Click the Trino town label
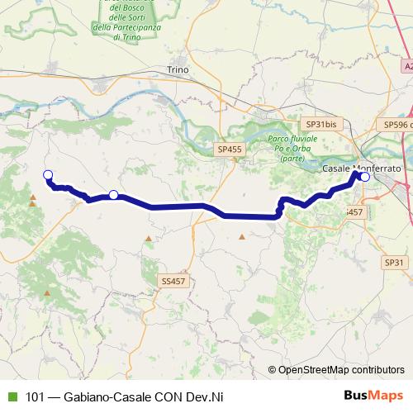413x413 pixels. point(178,70)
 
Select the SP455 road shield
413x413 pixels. point(230,149)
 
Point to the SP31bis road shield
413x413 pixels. point(321,123)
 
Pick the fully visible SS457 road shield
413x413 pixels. point(173,281)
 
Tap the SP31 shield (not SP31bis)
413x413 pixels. point(396,262)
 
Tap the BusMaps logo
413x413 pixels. point(373,396)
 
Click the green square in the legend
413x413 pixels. point(11,396)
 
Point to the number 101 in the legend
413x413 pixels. point(36,396)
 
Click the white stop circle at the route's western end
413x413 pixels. point(48,173)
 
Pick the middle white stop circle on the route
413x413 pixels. point(113,195)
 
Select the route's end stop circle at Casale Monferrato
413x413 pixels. point(365,176)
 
